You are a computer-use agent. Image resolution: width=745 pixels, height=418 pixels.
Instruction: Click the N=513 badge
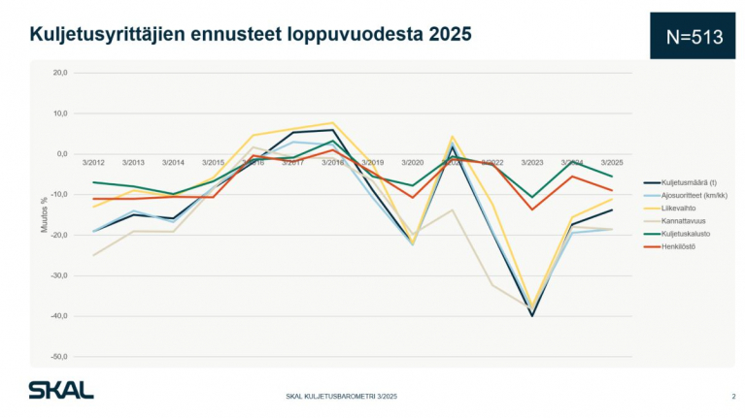click(695, 36)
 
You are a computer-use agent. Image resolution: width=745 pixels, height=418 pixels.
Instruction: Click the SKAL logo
click(60, 390)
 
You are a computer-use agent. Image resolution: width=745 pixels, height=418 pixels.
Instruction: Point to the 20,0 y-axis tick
click(60, 73)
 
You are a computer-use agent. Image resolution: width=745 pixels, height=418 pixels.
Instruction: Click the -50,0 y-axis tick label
click(59, 357)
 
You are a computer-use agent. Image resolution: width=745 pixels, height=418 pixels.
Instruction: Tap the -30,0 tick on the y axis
click(59, 275)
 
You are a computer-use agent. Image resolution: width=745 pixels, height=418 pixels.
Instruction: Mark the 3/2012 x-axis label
click(94, 162)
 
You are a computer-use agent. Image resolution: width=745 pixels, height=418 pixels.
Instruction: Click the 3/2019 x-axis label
click(373, 162)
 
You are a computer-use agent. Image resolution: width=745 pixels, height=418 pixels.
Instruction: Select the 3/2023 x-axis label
click(532, 162)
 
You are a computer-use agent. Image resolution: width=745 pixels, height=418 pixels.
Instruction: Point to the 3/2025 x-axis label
click(612, 162)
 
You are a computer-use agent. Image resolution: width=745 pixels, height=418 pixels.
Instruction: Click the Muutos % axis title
click(44, 214)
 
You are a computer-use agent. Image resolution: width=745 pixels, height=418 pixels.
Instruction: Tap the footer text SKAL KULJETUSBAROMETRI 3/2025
click(341, 397)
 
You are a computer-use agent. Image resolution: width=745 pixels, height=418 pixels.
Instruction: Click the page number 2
click(733, 397)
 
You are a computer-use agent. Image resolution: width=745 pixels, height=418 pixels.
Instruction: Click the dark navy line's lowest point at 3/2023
click(532, 315)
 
